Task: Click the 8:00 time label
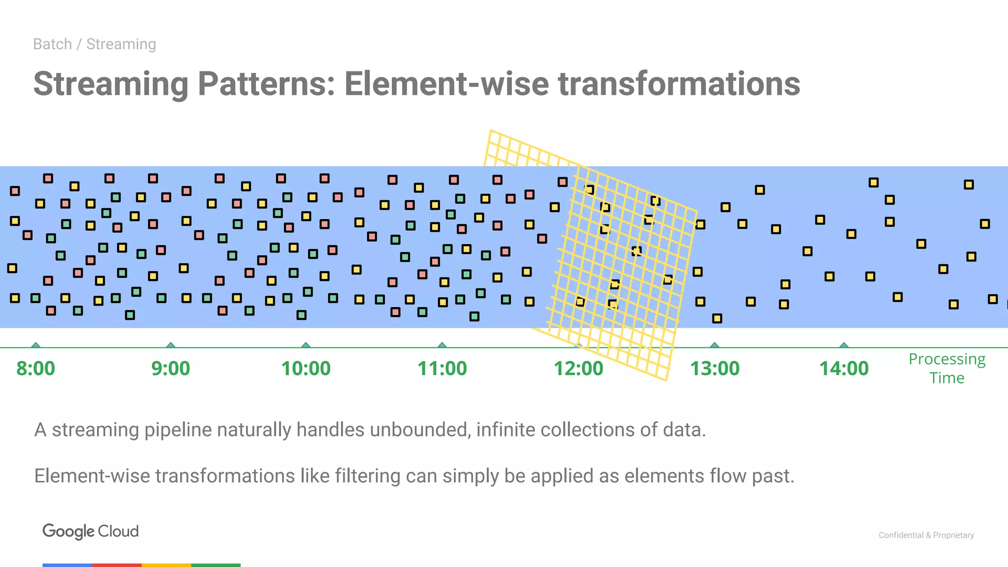(x=35, y=369)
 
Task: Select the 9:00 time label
(x=170, y=369)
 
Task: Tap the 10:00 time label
(x=306, y=369)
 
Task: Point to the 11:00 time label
(x=442, y=369)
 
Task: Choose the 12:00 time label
(x=578, y=369)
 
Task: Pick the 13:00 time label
(x=715, y=369)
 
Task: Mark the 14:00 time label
(x=844, y=369)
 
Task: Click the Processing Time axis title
(x=946, y=368)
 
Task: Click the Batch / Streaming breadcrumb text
(x=94, y=44)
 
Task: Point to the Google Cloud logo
(x=91, y=531)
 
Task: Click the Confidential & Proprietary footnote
(x=926, y=535)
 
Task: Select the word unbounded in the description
(x=419, y=430)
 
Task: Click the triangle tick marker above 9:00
(x=171, y=345)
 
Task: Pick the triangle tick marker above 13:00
(x=715, y=345)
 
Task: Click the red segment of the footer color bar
(x=117, y=565)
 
